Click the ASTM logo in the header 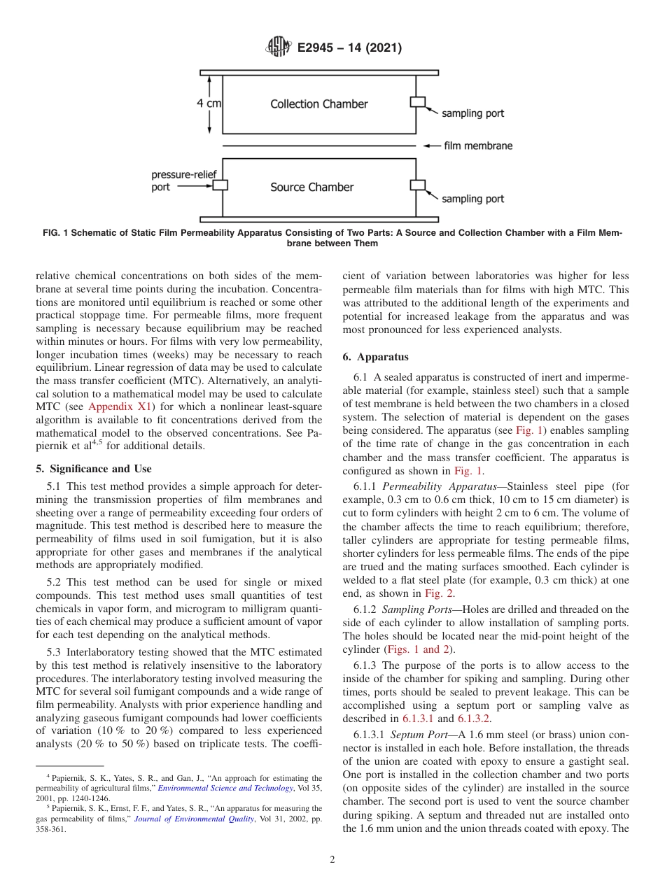(278, 48)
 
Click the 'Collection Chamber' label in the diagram (319, 104)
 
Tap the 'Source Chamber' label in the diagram (312, 188)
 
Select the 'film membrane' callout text (478, 146)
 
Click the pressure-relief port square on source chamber (220, 185)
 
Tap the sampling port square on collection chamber (417, 102)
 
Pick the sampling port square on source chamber (417, 185)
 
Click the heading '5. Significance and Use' (93, 469)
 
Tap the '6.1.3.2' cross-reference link (475, 719)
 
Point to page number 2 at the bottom (332, 860)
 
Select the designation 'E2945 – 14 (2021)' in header (349, 48)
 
